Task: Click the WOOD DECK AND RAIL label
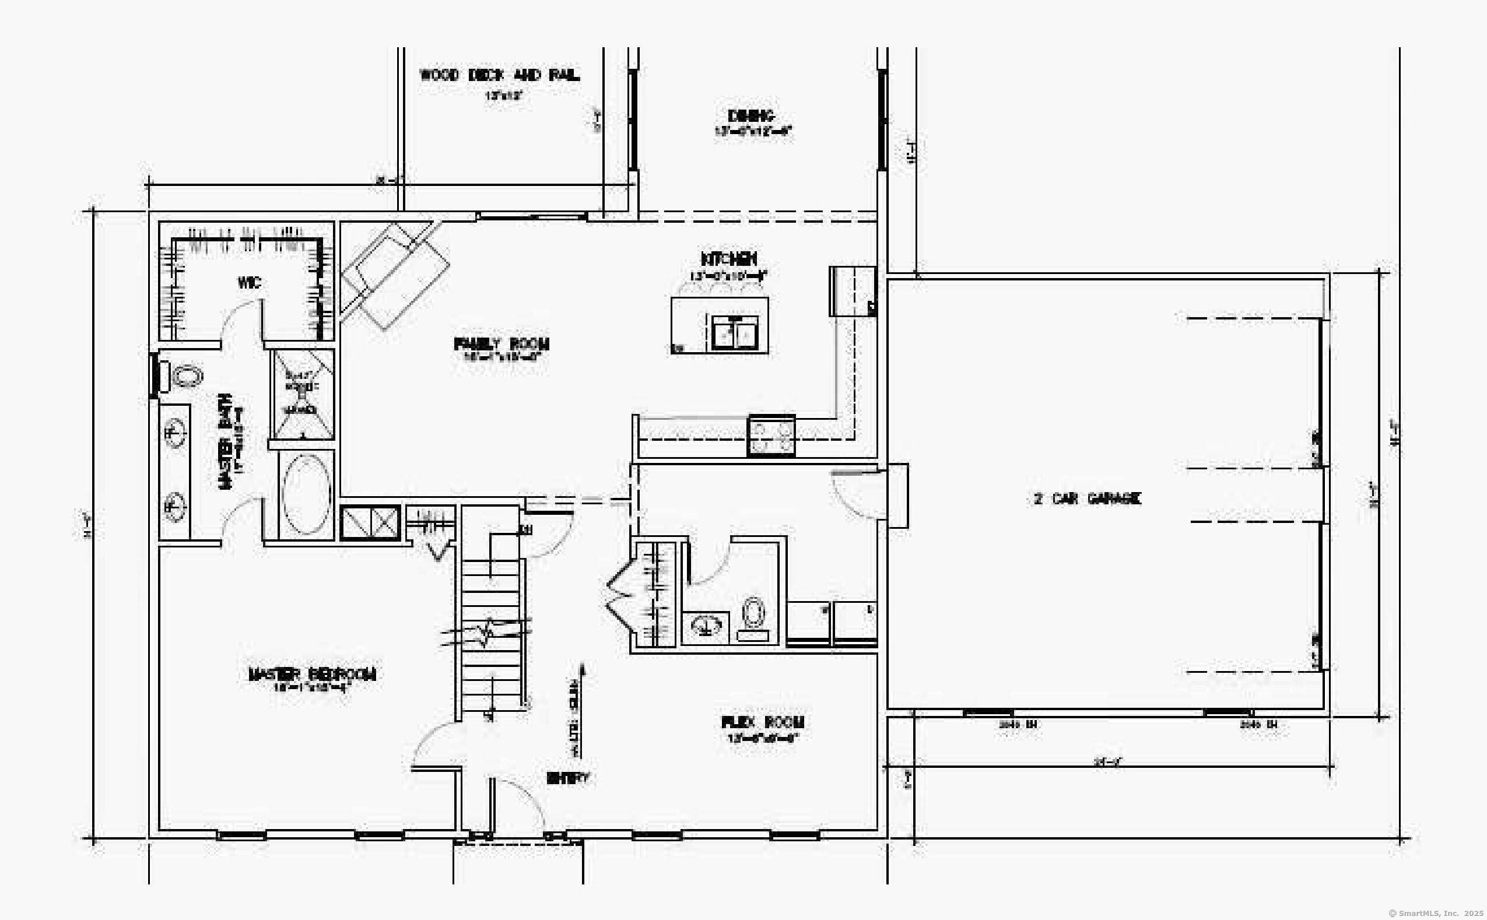point(499,75)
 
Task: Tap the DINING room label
point(752,115)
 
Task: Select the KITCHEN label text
point(728,259)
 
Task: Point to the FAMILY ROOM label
point(501,344)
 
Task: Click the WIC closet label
point(250,282)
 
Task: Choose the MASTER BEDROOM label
point(312,674)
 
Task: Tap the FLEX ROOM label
point(763,722)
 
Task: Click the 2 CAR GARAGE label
point(1088,499)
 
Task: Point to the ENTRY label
point(567,778)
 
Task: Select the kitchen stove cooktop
point(771,436)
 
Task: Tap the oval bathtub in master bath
point(306,494)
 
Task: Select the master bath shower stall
point(302,394)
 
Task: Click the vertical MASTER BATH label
point(225,441)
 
